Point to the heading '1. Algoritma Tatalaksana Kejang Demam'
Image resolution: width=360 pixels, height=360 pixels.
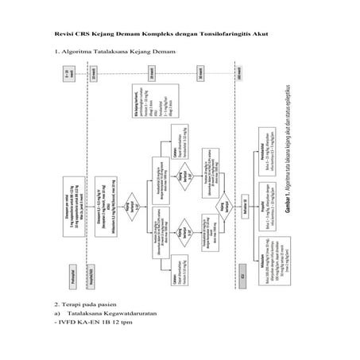click(113, 53)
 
